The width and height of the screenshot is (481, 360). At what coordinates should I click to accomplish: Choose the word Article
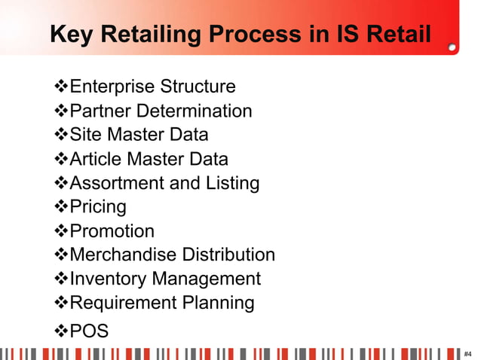pyautogui.click(x=95, y=159)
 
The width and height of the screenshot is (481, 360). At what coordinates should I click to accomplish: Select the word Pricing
pyautogui.click(x=98, y=207)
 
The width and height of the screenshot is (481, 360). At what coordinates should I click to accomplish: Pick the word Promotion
pyautogui.click(x=112, y=231)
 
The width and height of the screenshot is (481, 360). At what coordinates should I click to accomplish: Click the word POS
pyautogui.click(x=89, y=331)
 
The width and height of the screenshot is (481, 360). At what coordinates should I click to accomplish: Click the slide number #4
pyautogui.click(x=468, y=353)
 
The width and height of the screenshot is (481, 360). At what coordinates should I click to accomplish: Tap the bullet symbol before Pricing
pyautogui.click(x=62, y=207)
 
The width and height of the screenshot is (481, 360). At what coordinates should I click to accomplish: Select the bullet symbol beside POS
pyautogui.click(x=62, y=331)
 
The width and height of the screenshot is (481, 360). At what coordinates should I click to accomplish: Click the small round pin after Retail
pyautogui.click(x=452, y=46)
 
